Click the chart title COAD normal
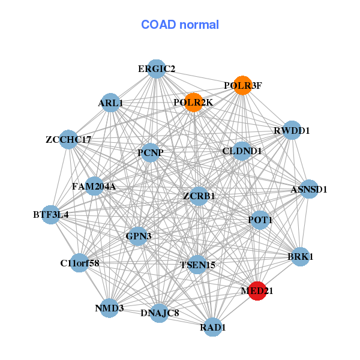click(x=180, y=25)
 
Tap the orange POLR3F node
click(x=242, y=85)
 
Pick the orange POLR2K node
click(x=193, y=103)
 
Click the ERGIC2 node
click(x=156, y=68)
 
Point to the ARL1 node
click(x=110, y=103)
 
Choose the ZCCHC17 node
click(x=68, y=139)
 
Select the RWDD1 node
click(x=292, y=130)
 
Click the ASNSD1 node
click(x=308, y=189)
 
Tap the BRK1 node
click(x=300, y=256)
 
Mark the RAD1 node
click(x=213, y=327)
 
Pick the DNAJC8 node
click(x=159, y=313)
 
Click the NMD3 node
click(x=109, y=308)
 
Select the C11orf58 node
click(x=79, y=262)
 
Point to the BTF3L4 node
click(x=50, y=214)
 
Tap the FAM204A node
click(x=94, y=186)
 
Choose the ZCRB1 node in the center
click(x=199, y=196)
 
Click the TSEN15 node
click(x=197, y=264)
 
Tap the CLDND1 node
click(x=241, y=151)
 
